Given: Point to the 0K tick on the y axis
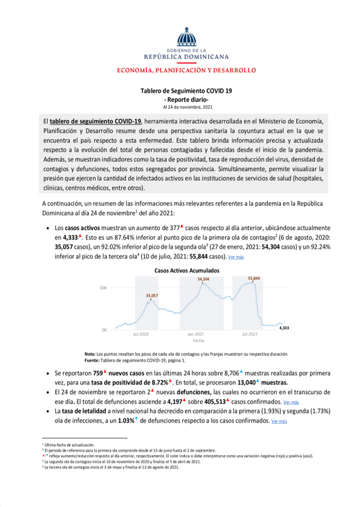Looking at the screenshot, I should pyautogui.click(x=103, y=330).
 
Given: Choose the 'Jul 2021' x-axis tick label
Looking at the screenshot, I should pyautogui.click(x=248, y=335).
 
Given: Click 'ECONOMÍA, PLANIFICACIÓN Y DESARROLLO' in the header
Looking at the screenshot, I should pyautogui.click(x=179, y=70).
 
